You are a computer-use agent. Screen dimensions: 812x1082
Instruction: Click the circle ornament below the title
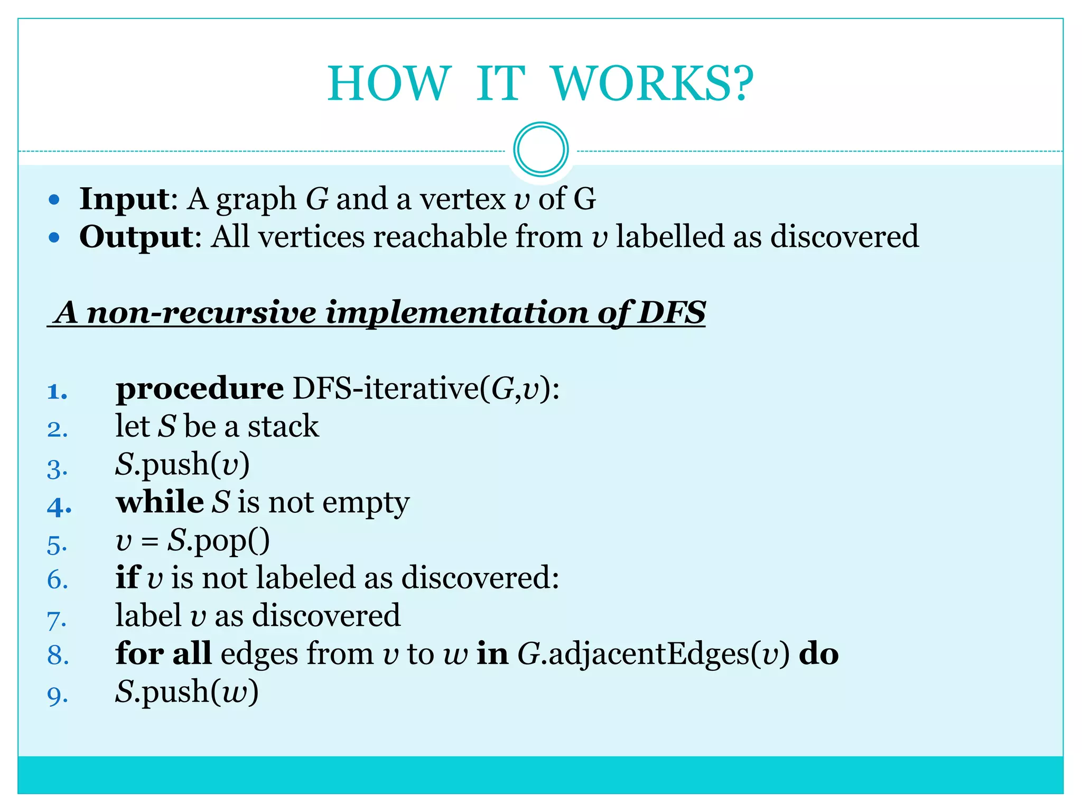coord(540,150)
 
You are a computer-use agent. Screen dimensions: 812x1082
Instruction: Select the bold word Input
coord(124,199)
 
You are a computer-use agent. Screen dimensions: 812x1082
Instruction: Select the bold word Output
coord(137,236)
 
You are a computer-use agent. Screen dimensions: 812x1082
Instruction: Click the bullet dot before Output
coord(54,237)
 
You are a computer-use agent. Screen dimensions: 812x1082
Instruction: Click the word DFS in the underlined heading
coord(671,312)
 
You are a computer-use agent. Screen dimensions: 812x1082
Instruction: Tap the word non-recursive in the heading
coord(201,312)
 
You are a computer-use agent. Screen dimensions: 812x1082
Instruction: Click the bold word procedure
coord(200,389)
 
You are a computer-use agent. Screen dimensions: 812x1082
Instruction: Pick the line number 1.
coord(57,392)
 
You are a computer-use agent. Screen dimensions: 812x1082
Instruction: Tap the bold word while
coord(160,502)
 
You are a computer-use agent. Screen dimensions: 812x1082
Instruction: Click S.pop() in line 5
coord(218,541)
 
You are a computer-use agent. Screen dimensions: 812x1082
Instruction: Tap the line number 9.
coord(57,696)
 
